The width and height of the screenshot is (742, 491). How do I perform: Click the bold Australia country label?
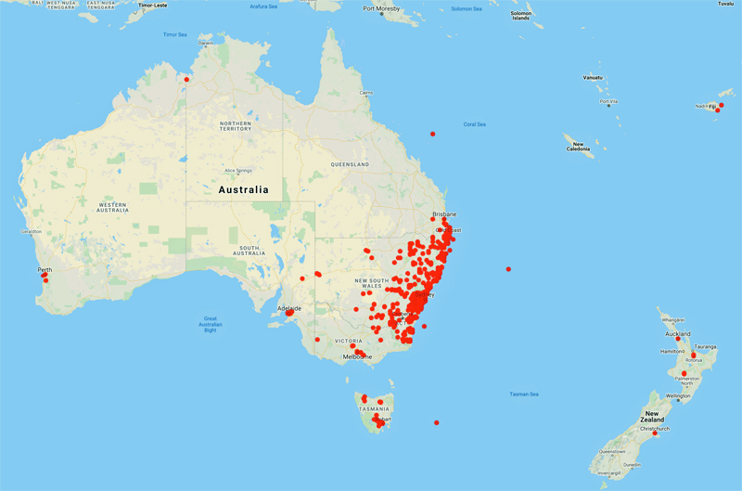[x=243, y=190]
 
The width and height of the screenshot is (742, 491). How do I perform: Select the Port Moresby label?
[x=382, y=9]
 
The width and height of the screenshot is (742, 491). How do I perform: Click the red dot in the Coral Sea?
[x=432, y=134]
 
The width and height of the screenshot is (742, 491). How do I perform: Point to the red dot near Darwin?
[x=186, y=80]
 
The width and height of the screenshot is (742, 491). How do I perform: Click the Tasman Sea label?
[x=524, y=394]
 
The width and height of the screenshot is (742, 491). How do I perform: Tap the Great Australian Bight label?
[x=211, y=323]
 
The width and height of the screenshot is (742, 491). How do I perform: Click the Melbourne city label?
[x=357, y=356]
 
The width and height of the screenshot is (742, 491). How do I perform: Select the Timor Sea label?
[x=175, y=34]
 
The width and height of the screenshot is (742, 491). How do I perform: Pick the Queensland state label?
[x=349, y=164]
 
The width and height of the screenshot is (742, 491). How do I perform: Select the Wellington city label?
[x=677, y=396]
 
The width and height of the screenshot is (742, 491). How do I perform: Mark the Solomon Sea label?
[x=467, y=9]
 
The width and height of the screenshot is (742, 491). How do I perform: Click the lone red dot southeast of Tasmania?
[x=437, y=423]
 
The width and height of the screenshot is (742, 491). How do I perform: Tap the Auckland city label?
[x=676, y=333]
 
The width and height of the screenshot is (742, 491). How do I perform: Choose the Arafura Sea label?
[x=264, y=6]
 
